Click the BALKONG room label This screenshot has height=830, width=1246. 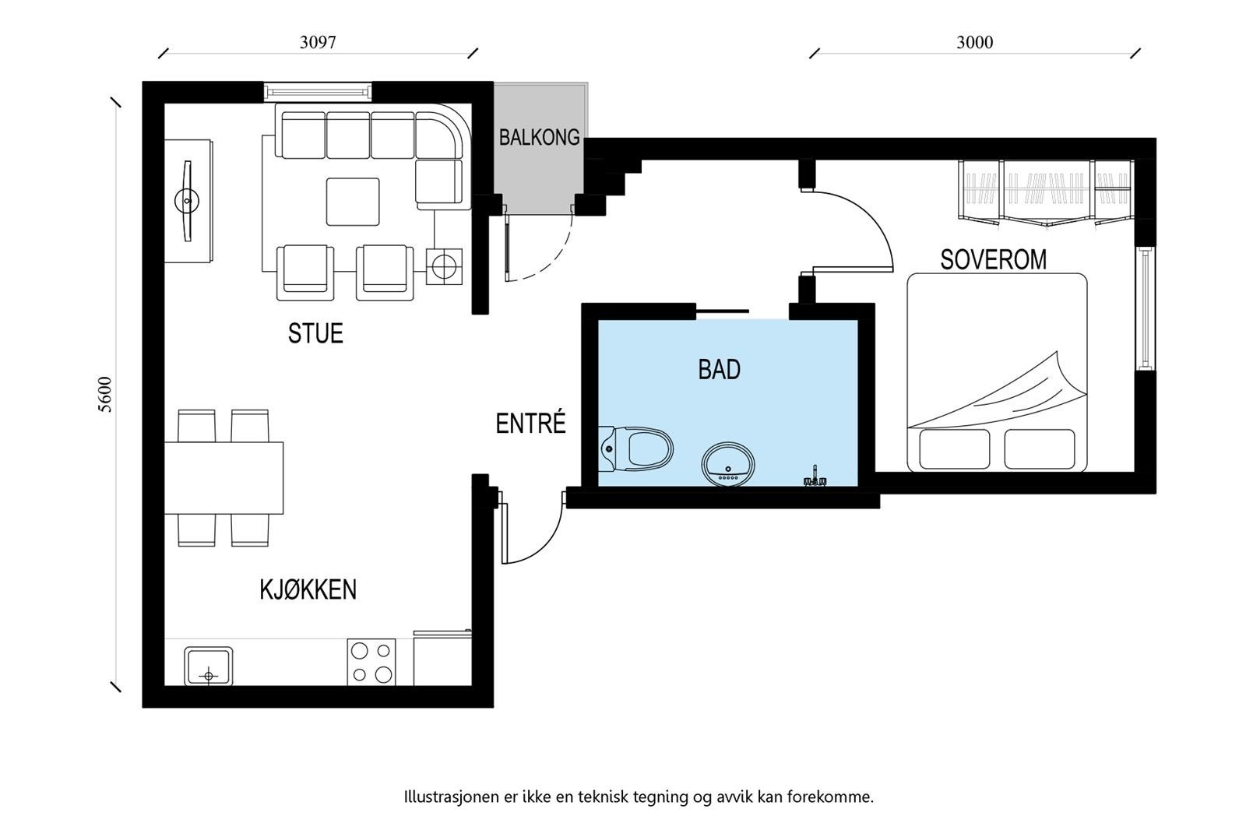(x=539, y=137)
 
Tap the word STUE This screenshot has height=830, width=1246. (x=315, y=333)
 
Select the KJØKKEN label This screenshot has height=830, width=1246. (x=308, y=589)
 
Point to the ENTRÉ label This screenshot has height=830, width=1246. (x=530, y=424)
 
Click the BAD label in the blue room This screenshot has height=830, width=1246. (x=719, y=369)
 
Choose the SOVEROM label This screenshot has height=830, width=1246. (x=993, y=259)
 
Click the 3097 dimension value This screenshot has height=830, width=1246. (x=318, y=42)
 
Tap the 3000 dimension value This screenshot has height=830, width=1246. (x=974, y=42)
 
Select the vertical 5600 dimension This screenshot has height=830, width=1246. (x=105, y=395)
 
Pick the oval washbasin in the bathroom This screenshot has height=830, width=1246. (x=727, y=465)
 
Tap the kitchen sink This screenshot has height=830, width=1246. (x=208, y=666)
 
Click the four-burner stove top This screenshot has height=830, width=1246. (x=371, y=663)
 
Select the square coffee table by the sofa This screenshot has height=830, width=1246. (x=353, y=202)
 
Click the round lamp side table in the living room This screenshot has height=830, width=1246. (x=444, y=267)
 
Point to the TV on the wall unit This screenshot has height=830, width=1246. (x=187, y=202)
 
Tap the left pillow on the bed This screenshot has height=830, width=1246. (x=954, y=449)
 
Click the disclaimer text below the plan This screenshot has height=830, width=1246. (x=638, y=797)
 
